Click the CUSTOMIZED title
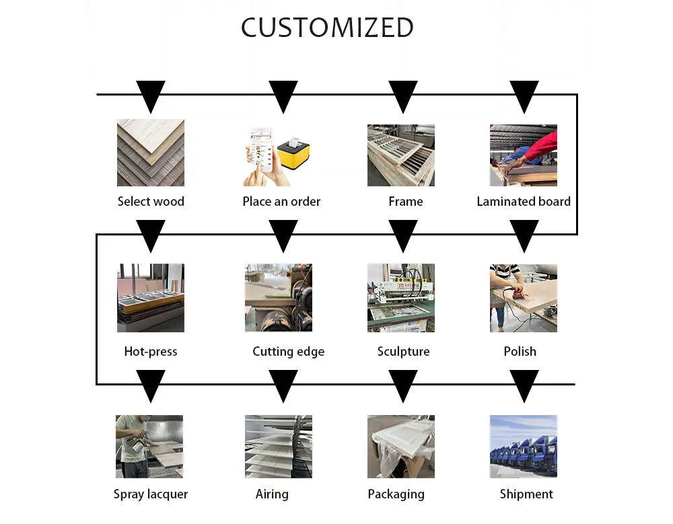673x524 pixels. pos(327,28)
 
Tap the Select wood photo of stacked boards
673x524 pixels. pos(151,153)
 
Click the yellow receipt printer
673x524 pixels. pos(293,153)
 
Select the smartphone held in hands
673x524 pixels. pos(261,150)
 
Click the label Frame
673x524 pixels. pos(406,201)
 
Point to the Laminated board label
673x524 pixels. pos(524,201)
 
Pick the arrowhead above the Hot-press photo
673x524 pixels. pos(151,236)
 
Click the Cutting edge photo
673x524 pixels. pos(279,297)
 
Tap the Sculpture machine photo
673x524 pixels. pos(401,297)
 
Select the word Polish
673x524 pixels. pos(520,352)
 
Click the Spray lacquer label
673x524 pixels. pos(151,494)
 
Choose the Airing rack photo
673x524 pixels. pos(279,447)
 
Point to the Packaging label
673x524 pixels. pos(396,494)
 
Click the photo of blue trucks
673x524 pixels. pos(524,447)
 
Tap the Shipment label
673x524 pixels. pos(526,494)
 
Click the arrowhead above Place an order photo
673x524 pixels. pos(283,97)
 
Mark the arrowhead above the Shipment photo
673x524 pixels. pos(524,386)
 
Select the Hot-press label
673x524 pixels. pos(151,352)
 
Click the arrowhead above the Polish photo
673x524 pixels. pos(524,236)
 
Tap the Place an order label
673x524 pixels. pos(281,201)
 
